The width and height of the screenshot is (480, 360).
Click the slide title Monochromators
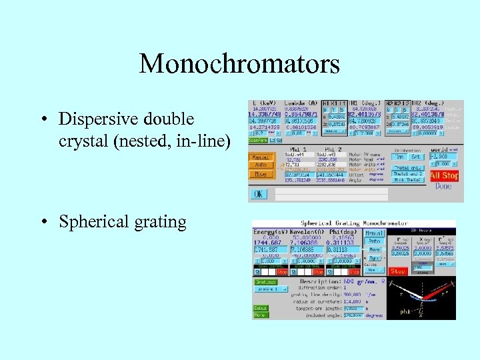tap(239, 65)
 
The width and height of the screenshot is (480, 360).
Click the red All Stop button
tap(444, 176)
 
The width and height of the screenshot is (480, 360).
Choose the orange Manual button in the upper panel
tap(260, 157)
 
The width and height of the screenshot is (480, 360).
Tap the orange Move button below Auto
tap(260, 175)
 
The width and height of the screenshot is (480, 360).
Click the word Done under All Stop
tap(443, 187)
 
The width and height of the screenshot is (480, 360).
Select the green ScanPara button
tap(258, 140)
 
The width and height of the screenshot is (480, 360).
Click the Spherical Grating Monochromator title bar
tap(353, 223)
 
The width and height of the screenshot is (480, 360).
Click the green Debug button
tap(260, 307)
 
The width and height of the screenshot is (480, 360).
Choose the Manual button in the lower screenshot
tap(372, 233)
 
